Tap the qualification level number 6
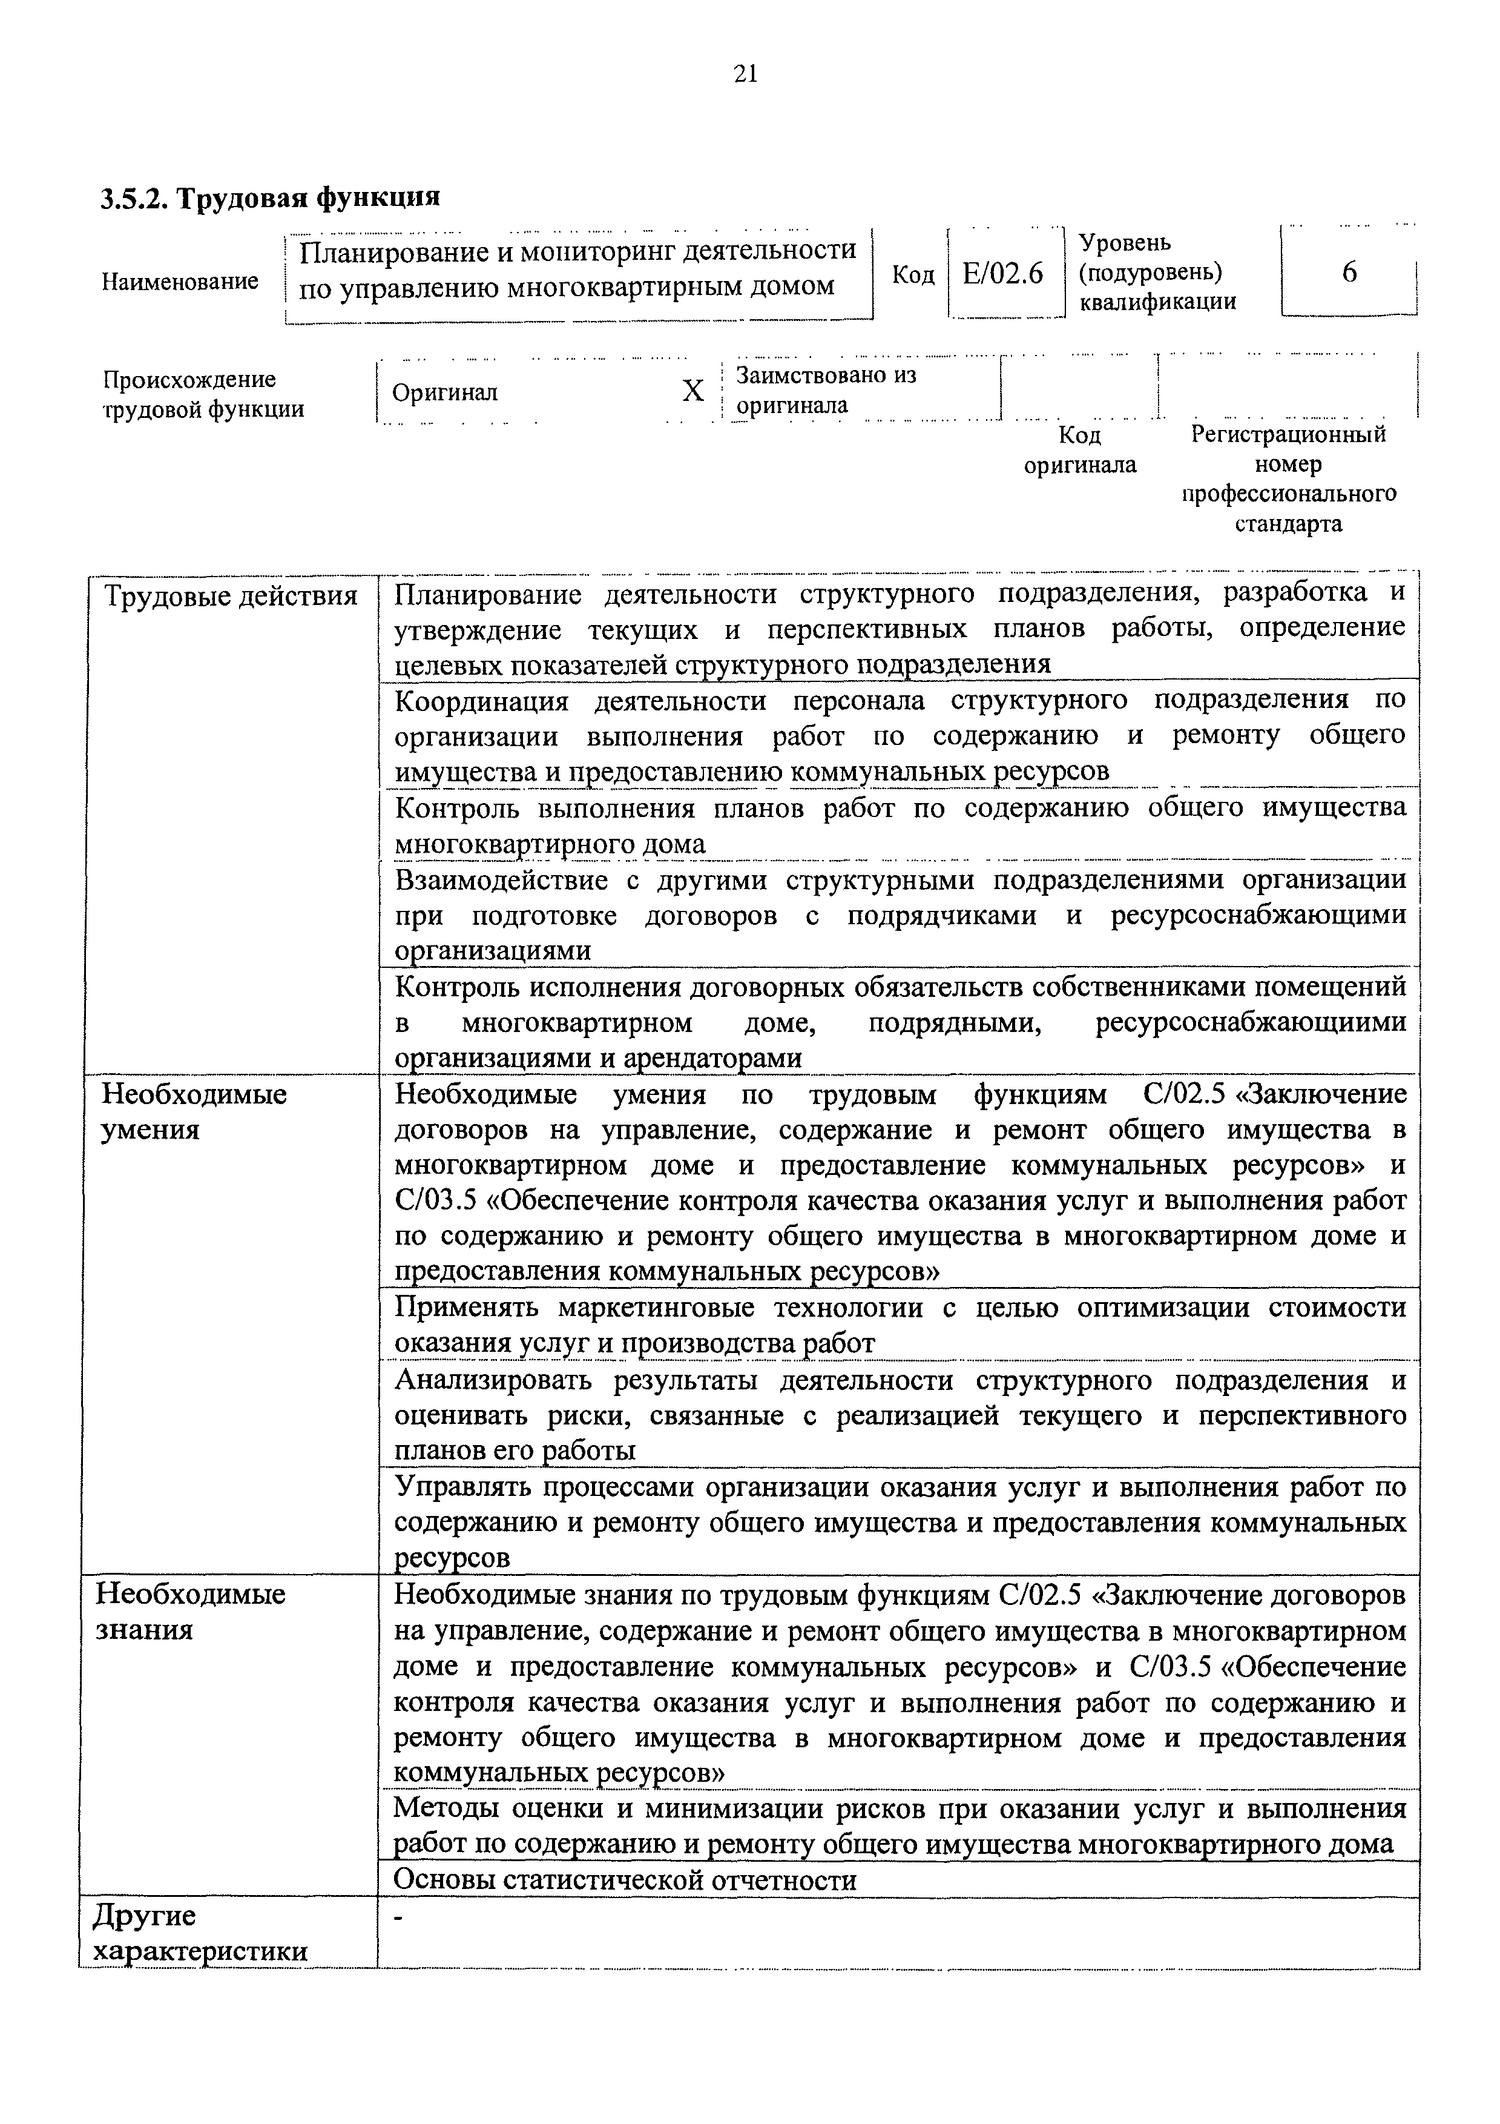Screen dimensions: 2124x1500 click(x=1349, y=273)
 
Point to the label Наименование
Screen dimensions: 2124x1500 click(x=180, y=281)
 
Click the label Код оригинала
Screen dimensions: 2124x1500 click(x=1079, y=449)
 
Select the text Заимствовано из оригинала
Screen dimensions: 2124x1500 click(x=825, y=391)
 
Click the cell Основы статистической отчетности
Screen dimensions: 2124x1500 click(x=625, y=1881)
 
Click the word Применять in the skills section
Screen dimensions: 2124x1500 click(x=469, y=1307)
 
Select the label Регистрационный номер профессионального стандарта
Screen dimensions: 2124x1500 click(x=1289, y=478)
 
